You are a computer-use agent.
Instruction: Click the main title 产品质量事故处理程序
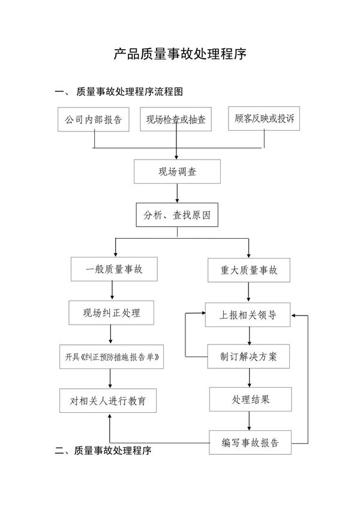pyautogui.click(x=180, y=55)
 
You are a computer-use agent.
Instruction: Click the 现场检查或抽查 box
pyautogui.click(x=176, y=119)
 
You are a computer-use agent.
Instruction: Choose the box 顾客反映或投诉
pyautogui.click(x=265, y=118)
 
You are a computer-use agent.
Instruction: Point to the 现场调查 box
pyautogui.click(x=177, y=172)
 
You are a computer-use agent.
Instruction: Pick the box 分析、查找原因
pyautogui.click(x=177, y=215)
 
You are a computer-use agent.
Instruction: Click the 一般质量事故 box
pyautogui.click(x=114, y=269)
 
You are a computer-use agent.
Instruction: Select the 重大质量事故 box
pyautogui.click(x=249, y=271)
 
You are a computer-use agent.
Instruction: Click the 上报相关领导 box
pyautogui.click(x=248, y=315)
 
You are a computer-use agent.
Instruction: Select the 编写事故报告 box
pyautogui.click(x=250, y=443)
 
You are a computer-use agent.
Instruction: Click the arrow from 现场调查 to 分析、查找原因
pyautogui.click(x=177, y=193)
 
